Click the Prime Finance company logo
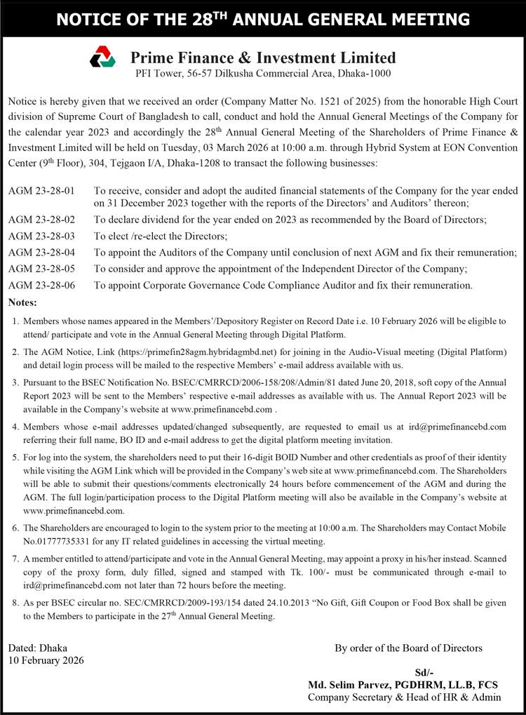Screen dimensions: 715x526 (x=102, y=57)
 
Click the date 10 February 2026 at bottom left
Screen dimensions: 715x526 (x=46, y=660)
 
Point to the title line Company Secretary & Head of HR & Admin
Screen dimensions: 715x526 (x=405, y=697)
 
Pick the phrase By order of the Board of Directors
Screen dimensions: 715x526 (x=408, y=648)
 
